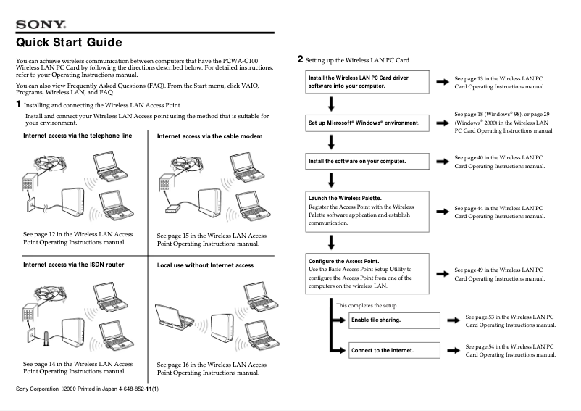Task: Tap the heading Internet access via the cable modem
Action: [x=209, y=136]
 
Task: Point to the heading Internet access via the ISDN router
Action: [x=73, y=265]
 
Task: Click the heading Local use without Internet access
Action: [x=205, y=265]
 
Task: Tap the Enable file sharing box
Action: [x=394, y=320]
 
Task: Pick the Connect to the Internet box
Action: [x=394, y=350]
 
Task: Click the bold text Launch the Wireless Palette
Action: [x=345, y=198]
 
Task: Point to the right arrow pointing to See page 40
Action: [x=441, y=160]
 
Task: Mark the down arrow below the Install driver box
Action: [x=331, y=102]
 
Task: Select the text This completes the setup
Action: [x=367, y=305]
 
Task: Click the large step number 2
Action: [x=301, y=59]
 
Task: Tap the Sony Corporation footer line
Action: [x=87, y=390]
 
